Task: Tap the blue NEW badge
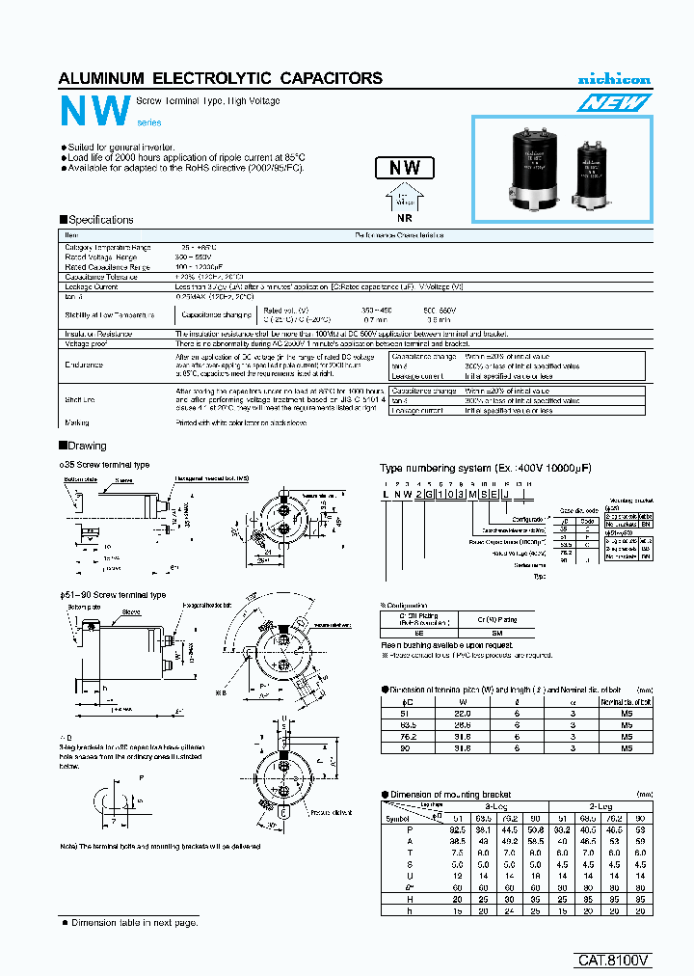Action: (x=614, y=101)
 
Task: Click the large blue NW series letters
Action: (x=93, y=112)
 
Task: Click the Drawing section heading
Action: (x=87, y=446)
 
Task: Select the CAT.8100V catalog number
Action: (x=614, y=960)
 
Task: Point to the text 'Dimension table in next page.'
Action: (x=135, y=923)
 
